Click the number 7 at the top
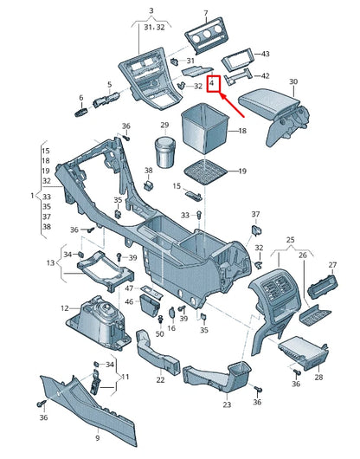[206, 13]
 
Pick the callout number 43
[265, 55]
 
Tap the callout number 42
[265, 76]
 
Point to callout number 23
[227, 404]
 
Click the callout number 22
[161, 379]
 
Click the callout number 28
[318, 378]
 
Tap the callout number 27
[331, 264]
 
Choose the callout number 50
[159, 333]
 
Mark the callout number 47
[129, 287]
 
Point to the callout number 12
[64, 307]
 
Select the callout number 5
[109, 85]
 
